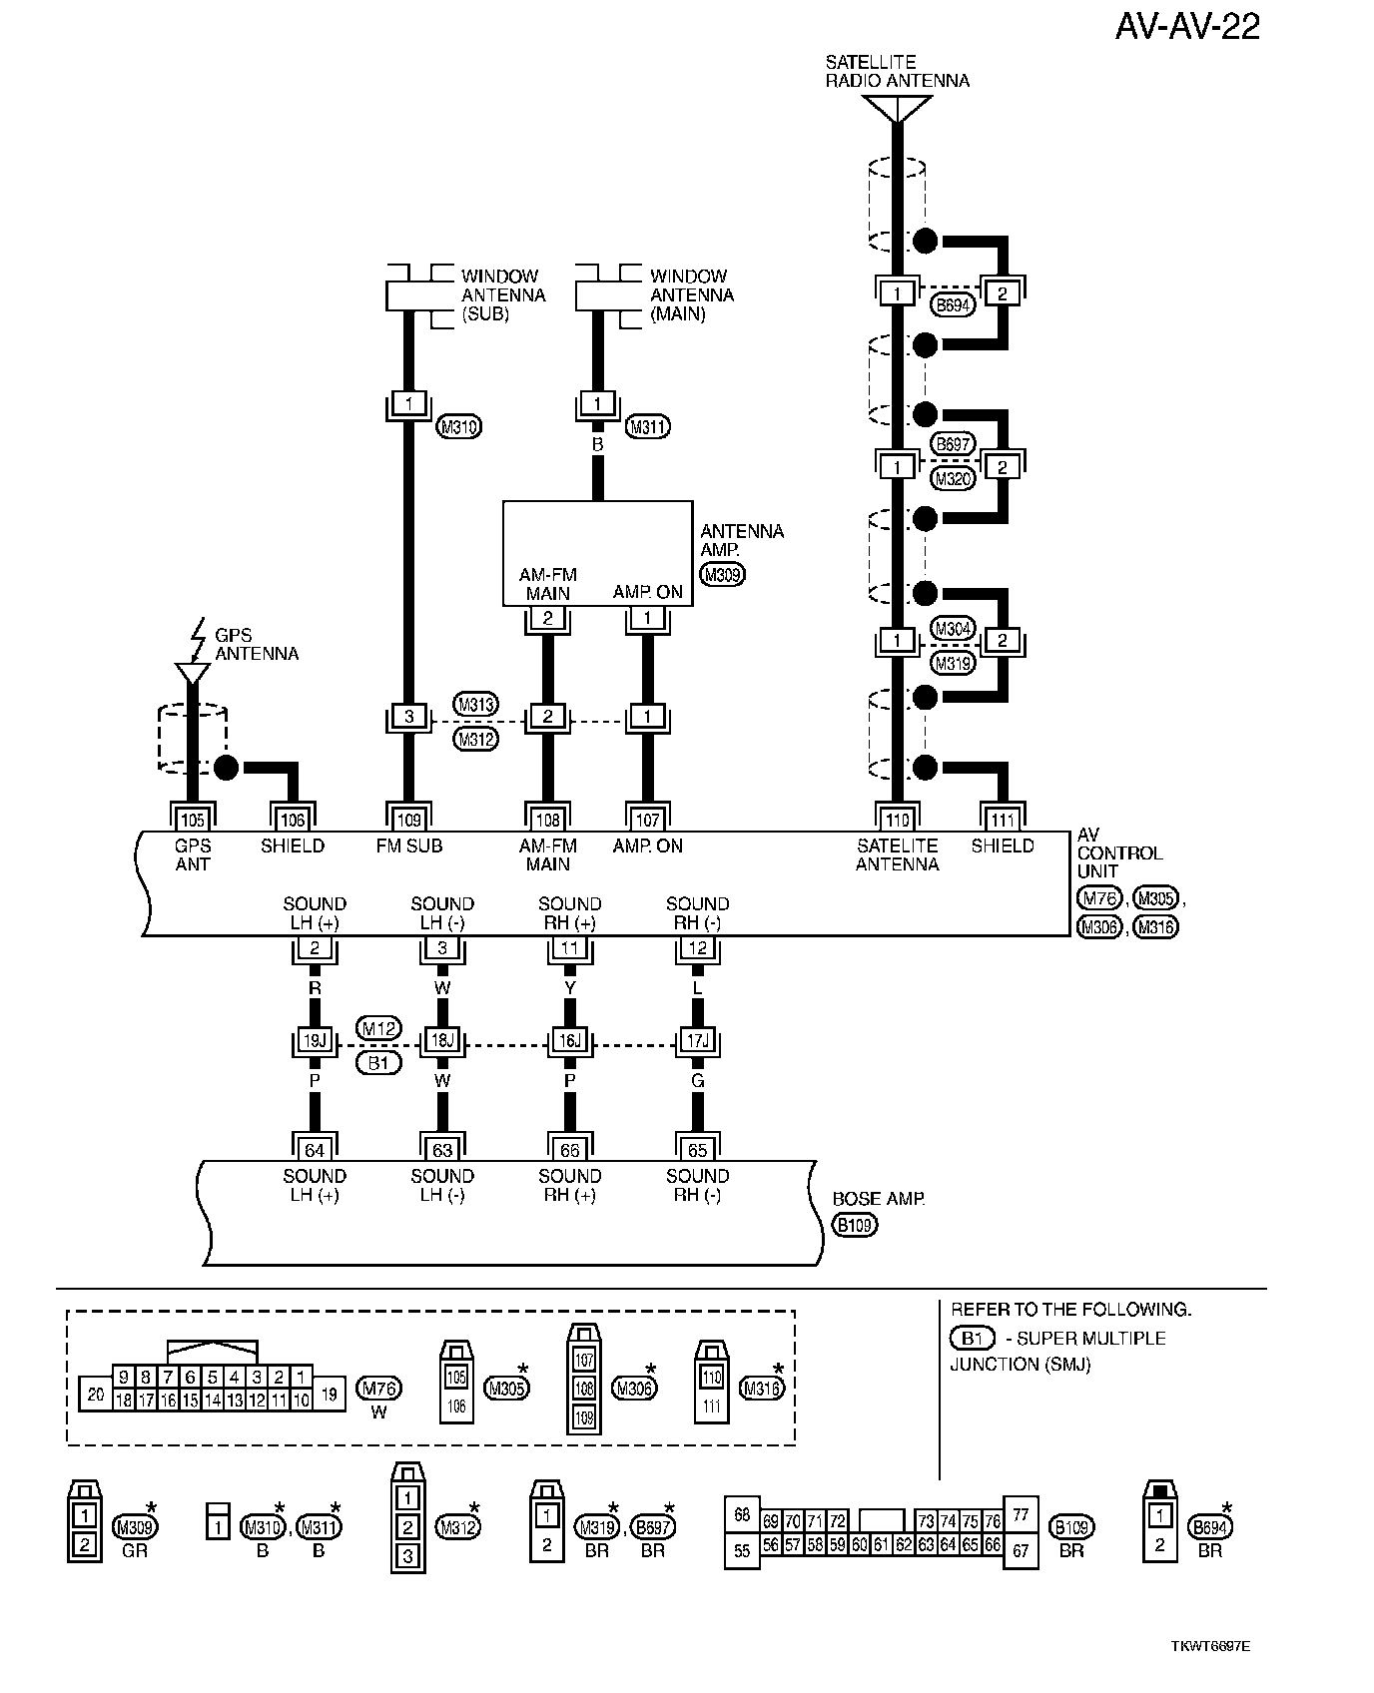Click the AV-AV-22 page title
coord(1187,26)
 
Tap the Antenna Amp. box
coord(597,553)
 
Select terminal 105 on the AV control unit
coord(192,820)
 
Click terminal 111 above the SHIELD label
coord(1002,820)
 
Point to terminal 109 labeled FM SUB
coord(408,820)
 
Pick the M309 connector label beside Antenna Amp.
coord(723,575)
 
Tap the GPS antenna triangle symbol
coord(192,674)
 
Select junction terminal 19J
coord(315,1040)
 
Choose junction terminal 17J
coord(698,1040)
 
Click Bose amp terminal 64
coord(315,1150)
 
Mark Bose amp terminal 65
coord(698,1150)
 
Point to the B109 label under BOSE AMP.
coord(855,1225)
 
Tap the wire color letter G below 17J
coord(698,1081)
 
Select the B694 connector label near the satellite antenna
coord(954,305)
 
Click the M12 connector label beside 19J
coord(379,1028)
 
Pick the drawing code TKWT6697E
coord(1210,1646)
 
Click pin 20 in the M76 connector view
coord(95,1395)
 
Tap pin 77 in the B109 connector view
coord(1021,1514)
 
